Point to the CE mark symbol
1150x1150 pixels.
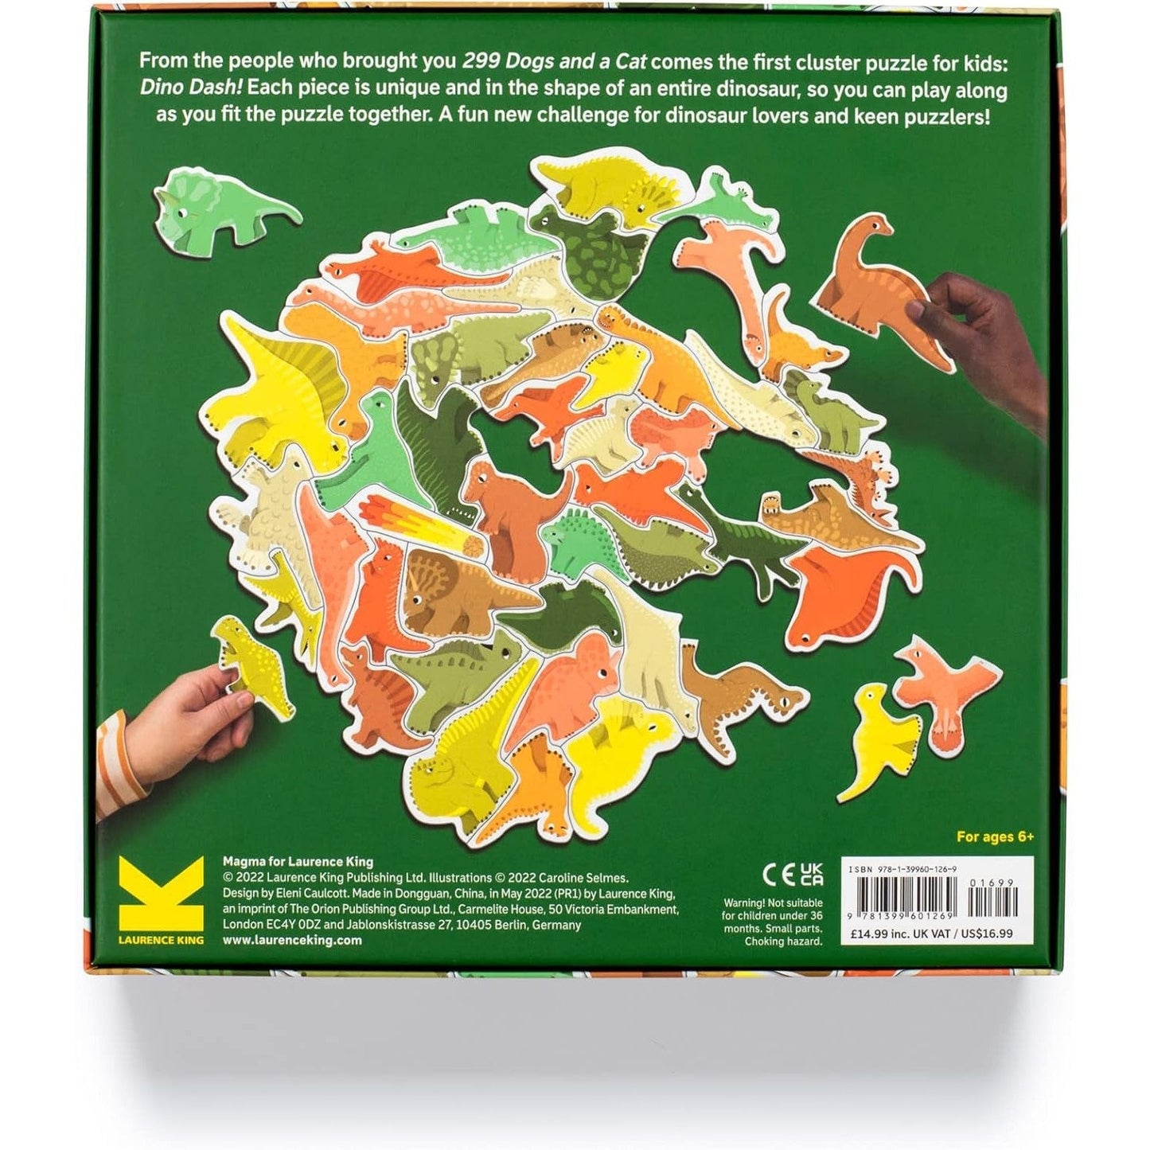[779, 875]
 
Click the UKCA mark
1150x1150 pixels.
[811, 874]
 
